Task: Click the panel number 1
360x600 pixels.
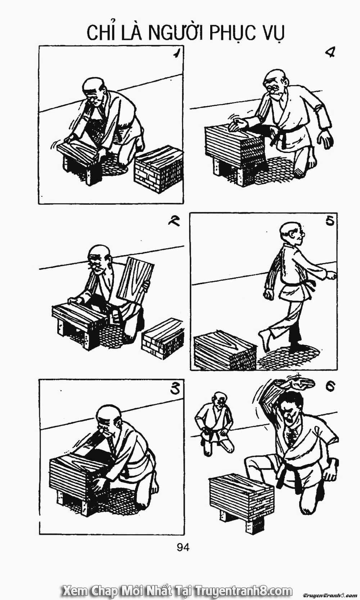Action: tap(175, 54)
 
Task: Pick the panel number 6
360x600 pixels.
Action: tap(330, 386)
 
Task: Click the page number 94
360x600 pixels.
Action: tap(183, 547)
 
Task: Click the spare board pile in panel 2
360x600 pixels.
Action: tap(163, 338)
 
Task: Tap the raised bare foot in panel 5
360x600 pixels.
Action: tap(265, 340)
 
